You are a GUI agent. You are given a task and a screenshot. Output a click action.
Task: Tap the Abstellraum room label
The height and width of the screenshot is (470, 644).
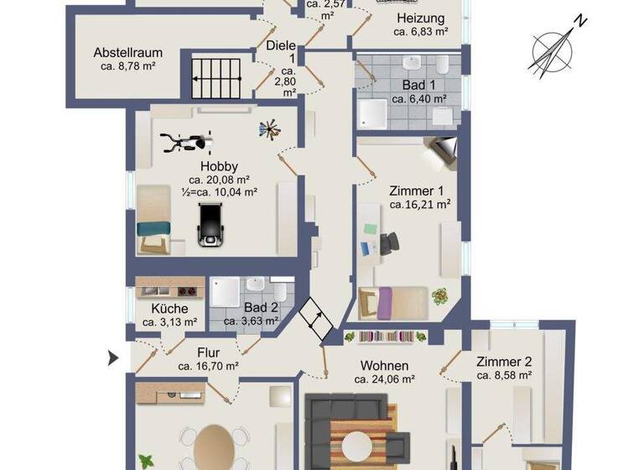click(x=128, y=50)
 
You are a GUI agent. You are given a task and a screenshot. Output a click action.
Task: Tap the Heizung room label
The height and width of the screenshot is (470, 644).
click(x=420, y=18)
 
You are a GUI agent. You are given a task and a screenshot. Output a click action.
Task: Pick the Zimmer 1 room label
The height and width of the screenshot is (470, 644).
click(x=420, y=190)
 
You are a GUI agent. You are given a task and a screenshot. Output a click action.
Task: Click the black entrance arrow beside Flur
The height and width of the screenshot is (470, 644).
click(x=113, y=359)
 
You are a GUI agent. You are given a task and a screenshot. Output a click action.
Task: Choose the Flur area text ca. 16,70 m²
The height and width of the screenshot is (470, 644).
click(x=208, y=366)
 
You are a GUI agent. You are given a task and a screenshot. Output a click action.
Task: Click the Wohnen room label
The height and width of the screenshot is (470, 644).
click(x=384, y=365)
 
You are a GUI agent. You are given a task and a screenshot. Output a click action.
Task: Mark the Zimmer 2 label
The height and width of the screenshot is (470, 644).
click(x=504, y=362)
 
